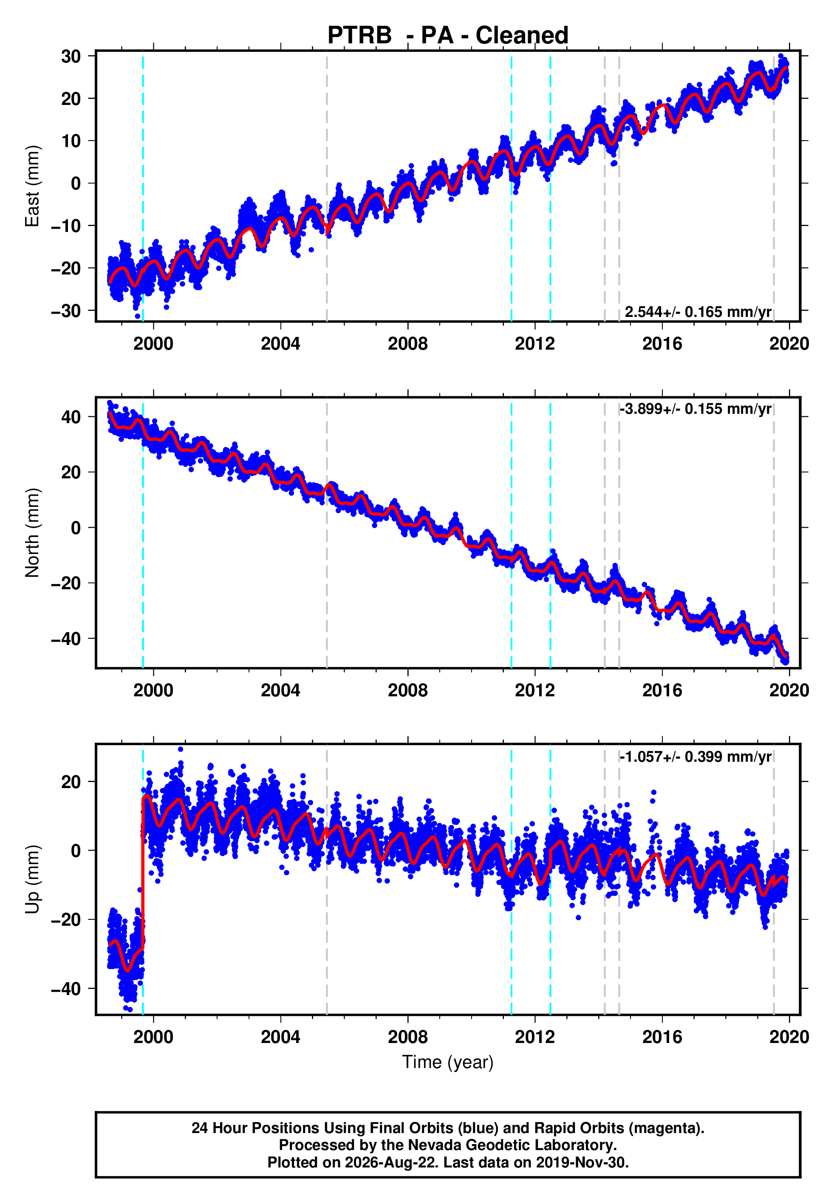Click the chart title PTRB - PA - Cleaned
click(x=447, y=36)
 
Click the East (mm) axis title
click(x=32, y=186)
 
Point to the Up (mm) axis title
click(x=32, y=879)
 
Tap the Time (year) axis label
click(x=447, y=1063)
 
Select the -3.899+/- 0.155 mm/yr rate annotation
click(x=695, y=409)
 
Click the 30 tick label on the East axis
click(x=71, y=56)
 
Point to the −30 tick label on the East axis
click(x=66, y=311)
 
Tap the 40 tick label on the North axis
click(x=71, y=417)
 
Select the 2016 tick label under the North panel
click(x=662, y=690)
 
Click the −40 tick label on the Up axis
click(x=66, y=989)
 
